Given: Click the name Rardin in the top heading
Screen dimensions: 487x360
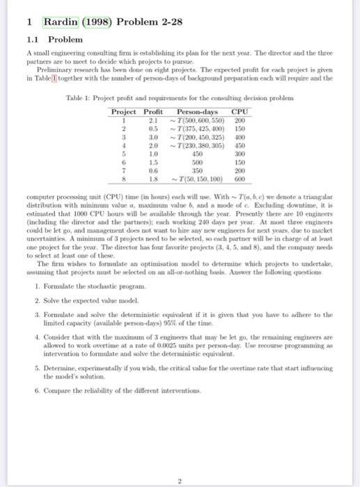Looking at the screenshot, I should pos(61,22).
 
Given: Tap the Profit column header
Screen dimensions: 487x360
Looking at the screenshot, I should pos(152,111).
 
